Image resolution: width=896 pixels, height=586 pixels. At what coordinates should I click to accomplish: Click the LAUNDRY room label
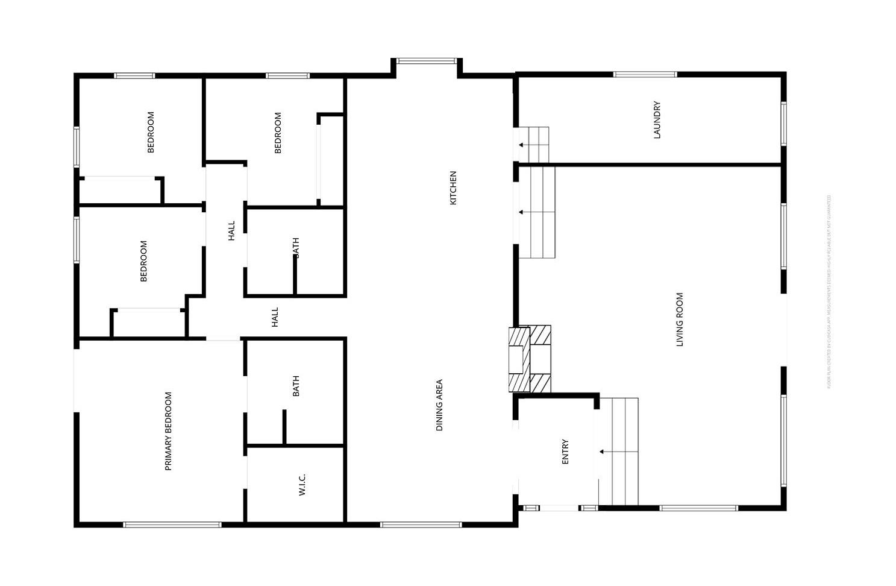(x=657, y=120)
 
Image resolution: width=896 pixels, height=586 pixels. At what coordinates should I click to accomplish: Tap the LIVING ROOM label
(x=680, y=320)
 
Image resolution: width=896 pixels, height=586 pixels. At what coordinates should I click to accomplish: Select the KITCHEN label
(x=453, y=187)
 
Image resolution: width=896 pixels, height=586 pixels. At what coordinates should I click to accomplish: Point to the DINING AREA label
(x=439, y=405)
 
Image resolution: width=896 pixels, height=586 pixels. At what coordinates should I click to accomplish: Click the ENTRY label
(x=565, y=452)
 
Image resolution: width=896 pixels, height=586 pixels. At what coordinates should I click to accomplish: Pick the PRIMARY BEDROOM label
(x=168, y=431)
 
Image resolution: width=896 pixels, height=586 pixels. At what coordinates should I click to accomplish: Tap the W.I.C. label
(x=302, y=485)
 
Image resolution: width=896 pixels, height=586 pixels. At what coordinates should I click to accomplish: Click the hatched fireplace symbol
(x=530, y=359)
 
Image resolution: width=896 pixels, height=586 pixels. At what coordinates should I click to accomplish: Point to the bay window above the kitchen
(x=427, y=61)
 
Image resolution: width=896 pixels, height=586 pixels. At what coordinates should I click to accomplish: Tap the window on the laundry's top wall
(x=645, y=75)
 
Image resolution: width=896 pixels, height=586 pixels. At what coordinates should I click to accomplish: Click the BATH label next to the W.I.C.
(x=296, y=386)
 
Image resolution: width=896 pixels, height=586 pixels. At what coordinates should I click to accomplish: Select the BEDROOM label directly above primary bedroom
(x=143, y=261)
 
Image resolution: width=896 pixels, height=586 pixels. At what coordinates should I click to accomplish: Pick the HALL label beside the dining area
(x=275, y=317)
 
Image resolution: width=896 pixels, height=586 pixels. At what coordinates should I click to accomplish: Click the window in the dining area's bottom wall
(x=421, y=525)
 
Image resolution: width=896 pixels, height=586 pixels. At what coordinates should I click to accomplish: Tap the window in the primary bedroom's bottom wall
(x=172, y=525)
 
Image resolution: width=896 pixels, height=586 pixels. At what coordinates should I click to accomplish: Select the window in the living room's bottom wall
(x=698, y=508)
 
